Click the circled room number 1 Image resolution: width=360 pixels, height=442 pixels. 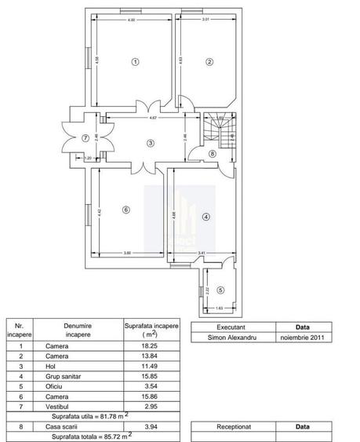pos(135,61)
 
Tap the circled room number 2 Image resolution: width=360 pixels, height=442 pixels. pos(209,61)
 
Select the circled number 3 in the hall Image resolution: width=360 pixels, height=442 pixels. pos(150,142)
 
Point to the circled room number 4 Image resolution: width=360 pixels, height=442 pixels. pos(205,217)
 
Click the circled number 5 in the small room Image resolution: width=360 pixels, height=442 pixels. pos(220,290)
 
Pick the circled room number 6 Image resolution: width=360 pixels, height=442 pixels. pos(125,210)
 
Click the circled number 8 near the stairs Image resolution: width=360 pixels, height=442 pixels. pos(213,154)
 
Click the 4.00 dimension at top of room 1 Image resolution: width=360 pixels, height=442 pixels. pos(131,20)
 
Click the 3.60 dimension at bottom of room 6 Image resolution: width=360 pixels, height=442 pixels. pos(127,252)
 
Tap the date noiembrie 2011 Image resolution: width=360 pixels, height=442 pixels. pos(302,338)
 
